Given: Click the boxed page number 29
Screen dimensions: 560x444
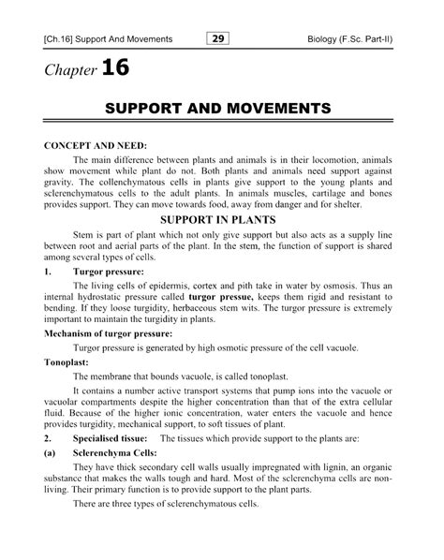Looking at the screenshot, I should coord(216,38).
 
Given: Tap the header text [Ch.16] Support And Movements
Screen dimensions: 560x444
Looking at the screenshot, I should coord(102,39).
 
